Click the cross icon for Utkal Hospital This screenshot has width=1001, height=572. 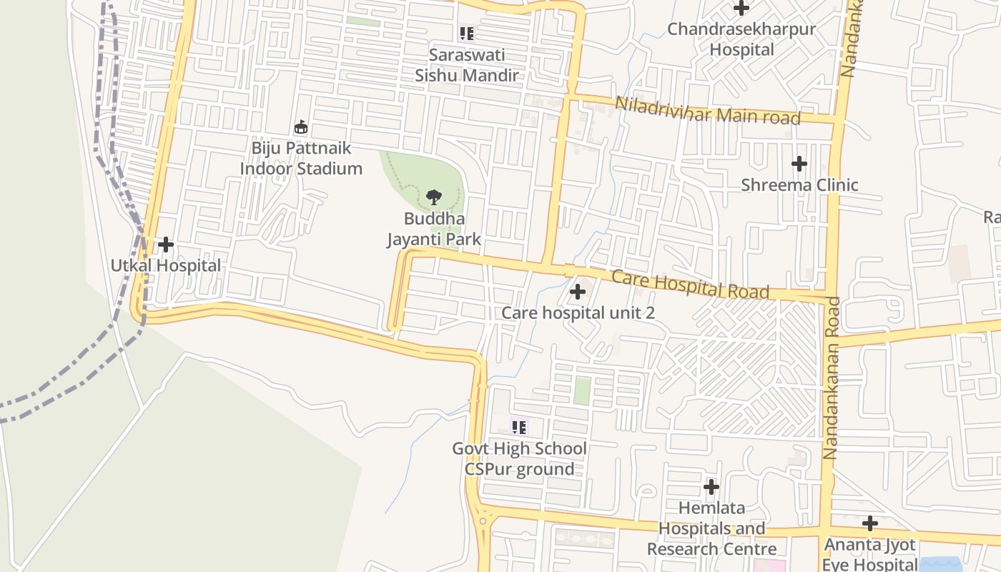(x=165, y=245)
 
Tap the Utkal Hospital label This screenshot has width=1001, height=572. (x=165, y=265)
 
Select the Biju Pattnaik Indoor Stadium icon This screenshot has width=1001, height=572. (x=301, y=127)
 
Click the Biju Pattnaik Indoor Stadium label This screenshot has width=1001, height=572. (x=301, y=158)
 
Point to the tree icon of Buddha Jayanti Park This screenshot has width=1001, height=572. (x=433, y=197)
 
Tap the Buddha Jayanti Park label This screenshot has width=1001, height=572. (x=434, y=229)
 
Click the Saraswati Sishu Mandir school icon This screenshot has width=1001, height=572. (x=466, y=33)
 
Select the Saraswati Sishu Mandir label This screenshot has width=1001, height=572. (x=467, y=65)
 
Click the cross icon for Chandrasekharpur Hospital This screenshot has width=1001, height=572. (x=741, y=8)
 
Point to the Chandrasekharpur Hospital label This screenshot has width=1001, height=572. (x=741, y=39)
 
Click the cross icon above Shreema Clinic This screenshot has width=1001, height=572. (x=799, y=164)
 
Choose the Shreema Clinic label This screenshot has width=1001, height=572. (x=799, y=184)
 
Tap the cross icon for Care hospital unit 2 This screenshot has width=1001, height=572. (x=577, y=292)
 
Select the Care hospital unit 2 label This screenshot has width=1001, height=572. (x=578, y=312)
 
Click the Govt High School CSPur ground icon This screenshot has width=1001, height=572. (x=519, y=428)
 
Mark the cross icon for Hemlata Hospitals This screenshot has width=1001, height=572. (x=711, y=487)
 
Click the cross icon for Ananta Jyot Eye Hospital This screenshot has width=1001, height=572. (x=869, y=523)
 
